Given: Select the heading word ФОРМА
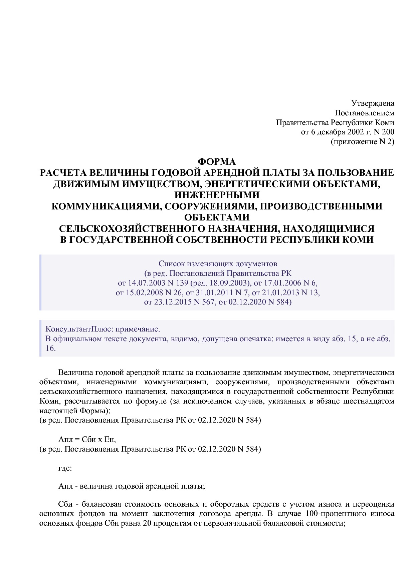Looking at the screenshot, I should (217, 162).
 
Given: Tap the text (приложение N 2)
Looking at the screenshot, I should (362, 142).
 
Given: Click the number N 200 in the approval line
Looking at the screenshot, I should (385, 132).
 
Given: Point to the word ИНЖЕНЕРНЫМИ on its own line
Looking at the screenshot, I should (217, 195).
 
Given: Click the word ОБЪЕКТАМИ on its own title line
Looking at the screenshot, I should (217, 217).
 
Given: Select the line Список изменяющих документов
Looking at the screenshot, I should (217, 264).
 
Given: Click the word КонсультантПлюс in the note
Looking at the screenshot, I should (77, 329).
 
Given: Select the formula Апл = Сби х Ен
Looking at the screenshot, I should (87, 439).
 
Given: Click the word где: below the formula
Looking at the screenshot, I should (65, 468).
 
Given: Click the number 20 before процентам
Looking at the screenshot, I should (147, 523).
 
